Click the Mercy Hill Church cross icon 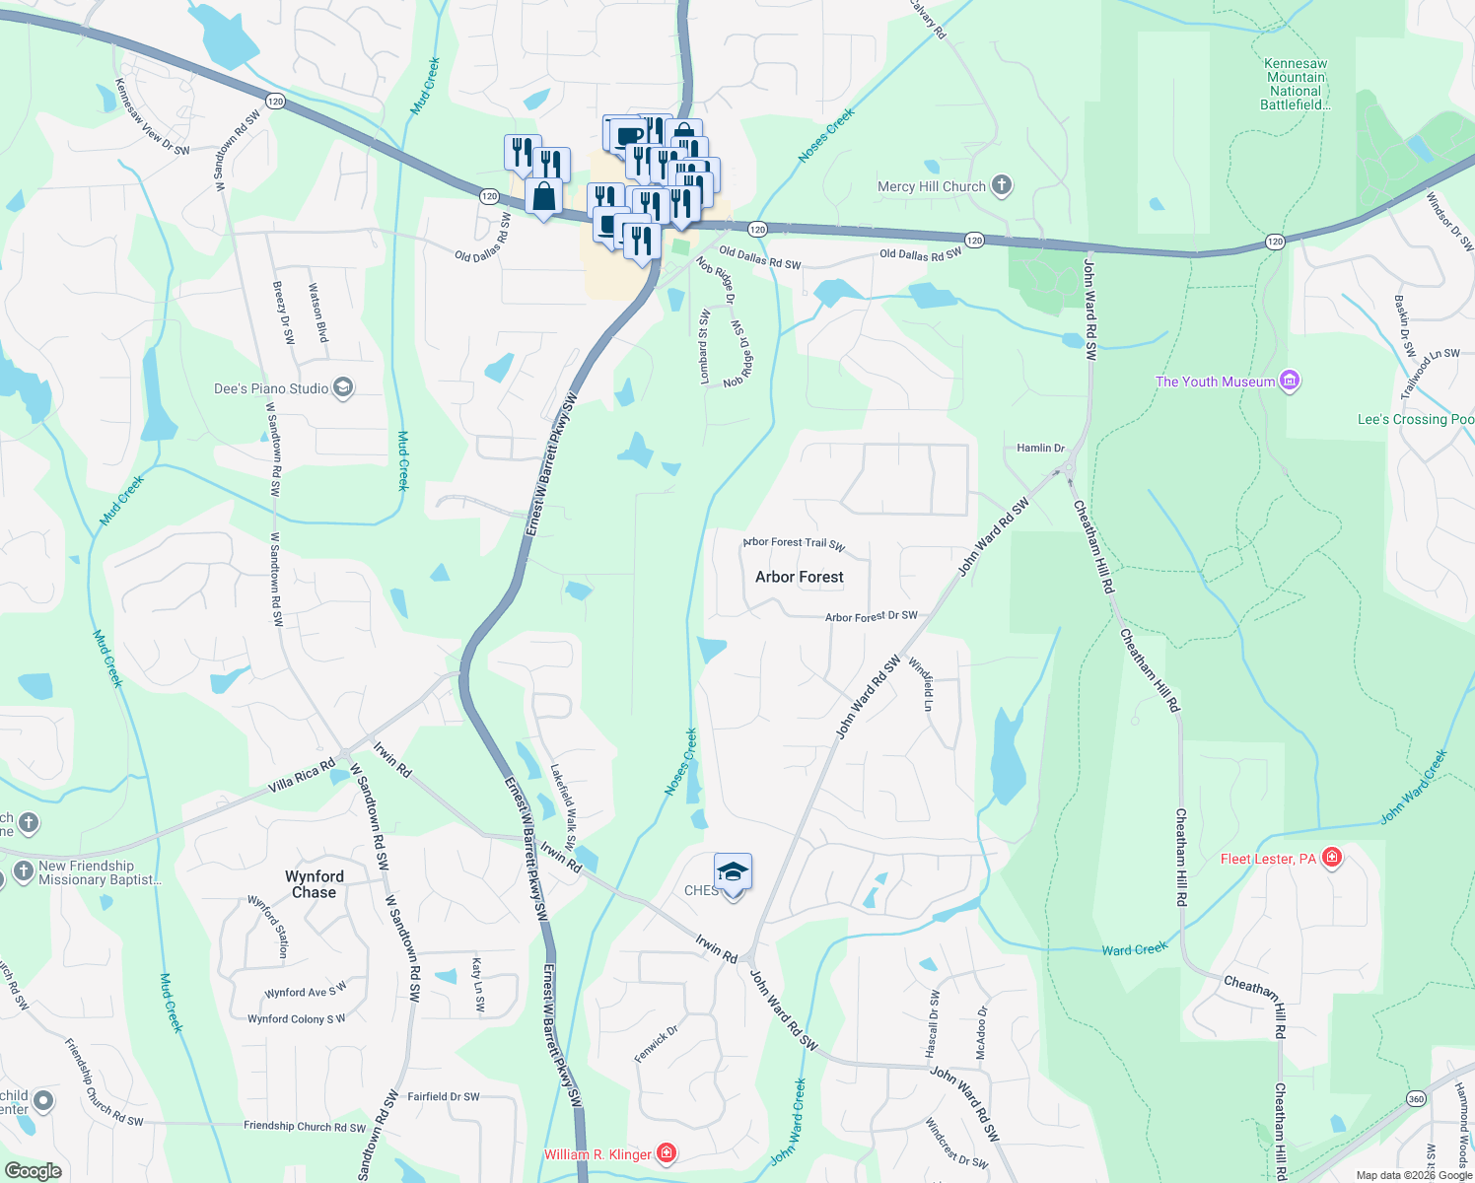(1002, 185)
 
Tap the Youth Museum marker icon (1289, 381)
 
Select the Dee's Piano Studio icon (342, 387)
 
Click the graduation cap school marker (733, 872)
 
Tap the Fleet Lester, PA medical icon (1332, 858)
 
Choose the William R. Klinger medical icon (667, 1152)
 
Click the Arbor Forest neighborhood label (799, 577)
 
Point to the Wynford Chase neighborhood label (315, 884)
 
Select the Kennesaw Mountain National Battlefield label (1296, 84)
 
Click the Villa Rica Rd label (302, 775)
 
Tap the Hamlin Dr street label (1040, 448)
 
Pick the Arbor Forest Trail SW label (794, 543)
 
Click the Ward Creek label (1134, 949)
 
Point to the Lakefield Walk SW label (563, 804)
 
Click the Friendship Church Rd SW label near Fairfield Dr (304, 1126)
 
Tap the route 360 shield (1416, 1098)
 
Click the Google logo (34, 1171)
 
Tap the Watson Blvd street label (317, 313)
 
